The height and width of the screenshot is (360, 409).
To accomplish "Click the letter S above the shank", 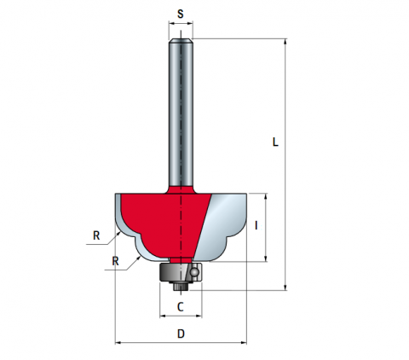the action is coord(181,14).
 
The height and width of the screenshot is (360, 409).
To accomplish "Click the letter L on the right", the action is coord(275,142).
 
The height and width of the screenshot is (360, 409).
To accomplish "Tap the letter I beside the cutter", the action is coord(256,225).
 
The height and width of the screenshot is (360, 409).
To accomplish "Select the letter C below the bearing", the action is coord(181,307).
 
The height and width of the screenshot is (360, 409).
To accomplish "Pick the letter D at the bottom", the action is coord(181,334).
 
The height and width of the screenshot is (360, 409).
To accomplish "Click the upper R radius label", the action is coord(96,235).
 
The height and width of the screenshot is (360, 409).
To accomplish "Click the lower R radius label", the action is coord(115,261).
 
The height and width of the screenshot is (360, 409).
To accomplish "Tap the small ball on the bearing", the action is coord(194,272).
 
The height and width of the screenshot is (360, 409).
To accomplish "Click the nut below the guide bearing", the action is coord(181,286).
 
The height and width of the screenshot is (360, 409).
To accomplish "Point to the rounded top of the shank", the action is coord(181,41).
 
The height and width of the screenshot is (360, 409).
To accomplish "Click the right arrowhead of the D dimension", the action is coord(244,343).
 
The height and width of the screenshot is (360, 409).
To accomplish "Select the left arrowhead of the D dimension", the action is coord(118,343).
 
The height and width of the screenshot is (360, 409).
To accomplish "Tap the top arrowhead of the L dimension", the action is coord(285,42).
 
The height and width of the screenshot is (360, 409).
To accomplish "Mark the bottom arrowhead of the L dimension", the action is coord(285,287).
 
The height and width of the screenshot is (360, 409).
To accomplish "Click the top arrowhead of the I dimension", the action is coord(266,196).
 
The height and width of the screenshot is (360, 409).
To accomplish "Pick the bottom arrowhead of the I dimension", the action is coord(266,258).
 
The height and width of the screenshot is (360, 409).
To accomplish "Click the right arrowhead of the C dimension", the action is coord(199,316).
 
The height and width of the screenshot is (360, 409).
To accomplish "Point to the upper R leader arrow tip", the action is coord(119,232).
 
